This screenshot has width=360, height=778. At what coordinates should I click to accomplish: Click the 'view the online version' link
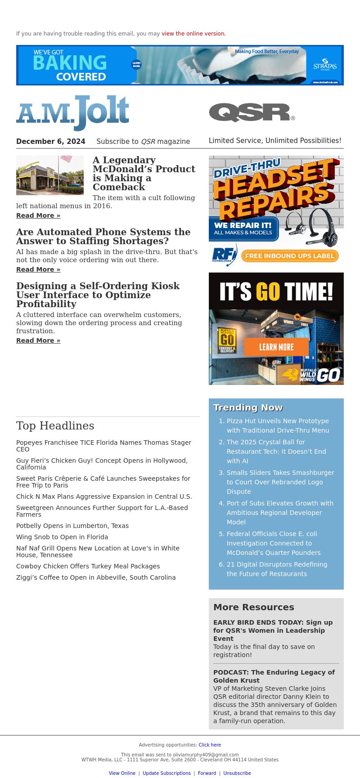coord(193,34)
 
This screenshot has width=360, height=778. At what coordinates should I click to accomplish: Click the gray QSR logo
coord(252,112)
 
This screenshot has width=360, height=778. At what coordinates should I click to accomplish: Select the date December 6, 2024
coord(51,142)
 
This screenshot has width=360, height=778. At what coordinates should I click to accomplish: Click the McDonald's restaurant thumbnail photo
coord(50,175)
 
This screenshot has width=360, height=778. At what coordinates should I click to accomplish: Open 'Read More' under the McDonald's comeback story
coord(38,215)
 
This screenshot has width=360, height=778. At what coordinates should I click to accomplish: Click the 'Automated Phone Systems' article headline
coord(103,237)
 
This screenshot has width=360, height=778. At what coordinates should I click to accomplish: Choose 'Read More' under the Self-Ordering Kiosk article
coord(38,340)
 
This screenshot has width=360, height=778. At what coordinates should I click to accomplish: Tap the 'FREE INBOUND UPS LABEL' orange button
coord(289,256)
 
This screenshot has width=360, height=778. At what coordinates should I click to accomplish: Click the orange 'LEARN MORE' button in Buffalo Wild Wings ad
coord(276,347)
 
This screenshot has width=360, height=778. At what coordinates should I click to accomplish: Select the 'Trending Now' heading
coord(248,407)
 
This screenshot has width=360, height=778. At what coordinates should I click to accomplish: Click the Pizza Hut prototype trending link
coord(278,426)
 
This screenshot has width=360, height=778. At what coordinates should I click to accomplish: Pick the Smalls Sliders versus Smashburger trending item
coord(280,482)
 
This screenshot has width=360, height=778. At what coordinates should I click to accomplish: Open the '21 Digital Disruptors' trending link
coord(277,569)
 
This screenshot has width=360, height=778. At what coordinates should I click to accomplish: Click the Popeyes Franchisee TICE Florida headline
coord(103,446)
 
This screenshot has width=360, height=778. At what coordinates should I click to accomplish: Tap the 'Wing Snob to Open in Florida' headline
coord(62,537)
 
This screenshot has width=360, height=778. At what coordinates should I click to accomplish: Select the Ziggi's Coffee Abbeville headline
coord(96,577)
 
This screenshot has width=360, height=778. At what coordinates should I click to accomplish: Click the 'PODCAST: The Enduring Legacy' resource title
coord(274,676)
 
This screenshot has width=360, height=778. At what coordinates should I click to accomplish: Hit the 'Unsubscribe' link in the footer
coord(237,773)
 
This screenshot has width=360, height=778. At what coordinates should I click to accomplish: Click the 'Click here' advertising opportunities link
coord(210,745)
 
